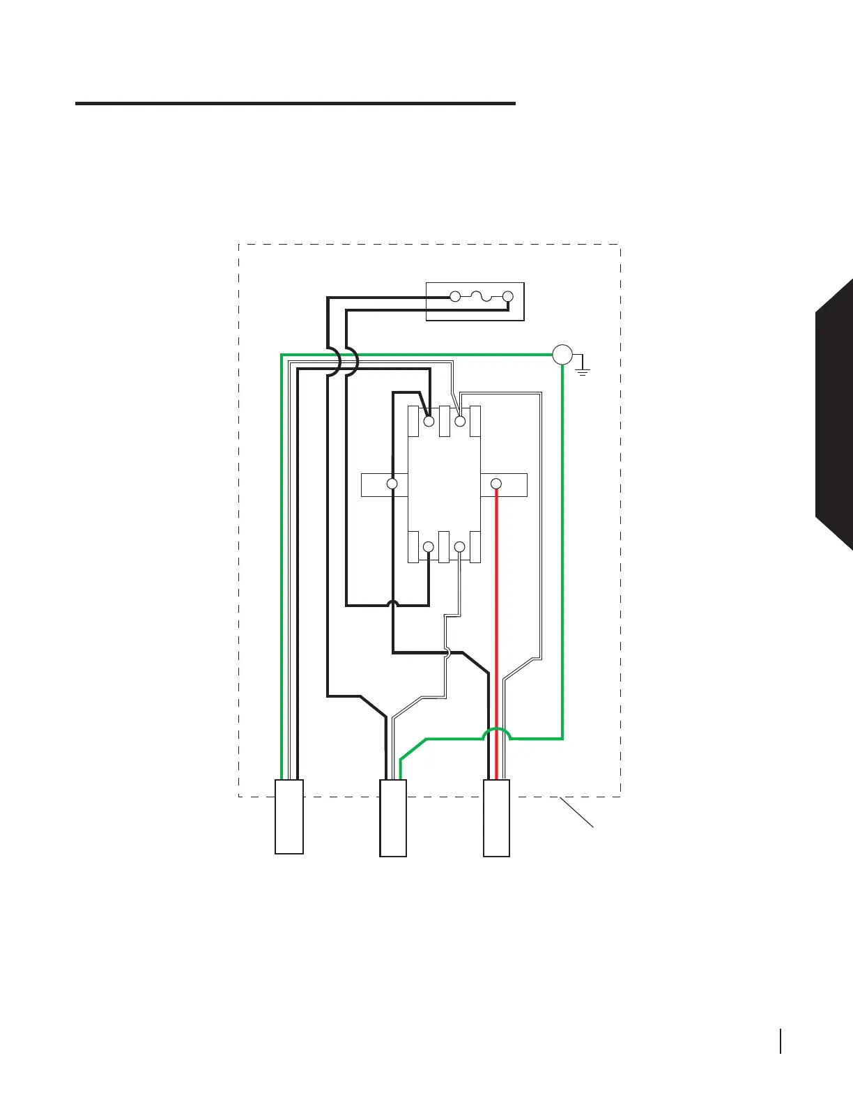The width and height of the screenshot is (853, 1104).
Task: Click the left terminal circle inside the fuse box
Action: tap(455, 297)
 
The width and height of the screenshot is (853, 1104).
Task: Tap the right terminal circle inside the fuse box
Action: tap(508, 297)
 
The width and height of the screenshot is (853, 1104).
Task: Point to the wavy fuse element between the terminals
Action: tap(482, 298)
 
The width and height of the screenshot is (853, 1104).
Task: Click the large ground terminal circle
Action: tap(562, 355)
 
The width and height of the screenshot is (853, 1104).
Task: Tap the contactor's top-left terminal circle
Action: tap(429, 421)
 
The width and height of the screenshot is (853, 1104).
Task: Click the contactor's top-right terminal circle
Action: tap(460, 421)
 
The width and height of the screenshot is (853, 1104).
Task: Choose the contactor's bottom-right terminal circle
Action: tap(459, 547)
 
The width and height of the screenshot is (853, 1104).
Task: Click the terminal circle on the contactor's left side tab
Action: tap(392, 484)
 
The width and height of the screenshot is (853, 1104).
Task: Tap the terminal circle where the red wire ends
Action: tap(496, 484)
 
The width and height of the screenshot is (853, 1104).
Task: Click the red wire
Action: tap(496, 627)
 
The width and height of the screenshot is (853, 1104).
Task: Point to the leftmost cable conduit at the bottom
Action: tap(289, 816)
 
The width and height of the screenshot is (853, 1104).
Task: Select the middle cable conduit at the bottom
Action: tap(393, 818)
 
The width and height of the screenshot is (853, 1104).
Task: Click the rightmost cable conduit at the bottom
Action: tap(496, 818)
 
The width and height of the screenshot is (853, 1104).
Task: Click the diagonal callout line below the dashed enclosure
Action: tap(576, 813)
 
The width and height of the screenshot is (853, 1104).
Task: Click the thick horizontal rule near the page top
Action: tap(295, 104)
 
